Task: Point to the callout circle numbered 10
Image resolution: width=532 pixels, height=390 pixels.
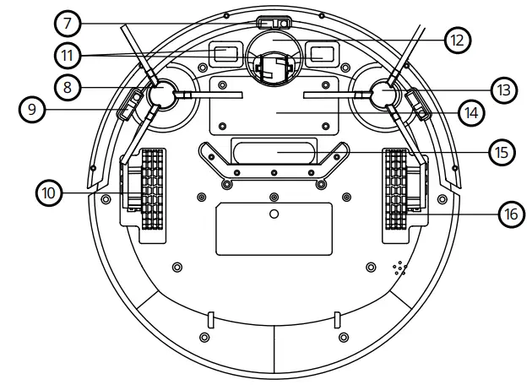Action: click(50, 193)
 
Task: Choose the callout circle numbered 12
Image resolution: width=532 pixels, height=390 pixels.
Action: click(457, 38)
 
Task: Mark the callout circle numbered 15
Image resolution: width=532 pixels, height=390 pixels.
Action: click(501, 152)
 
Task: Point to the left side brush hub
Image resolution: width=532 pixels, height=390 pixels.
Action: click(160, 95)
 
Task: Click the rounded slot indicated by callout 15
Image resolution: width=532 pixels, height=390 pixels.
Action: click(271, 153)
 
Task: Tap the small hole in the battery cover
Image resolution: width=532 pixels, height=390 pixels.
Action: click(272, 214)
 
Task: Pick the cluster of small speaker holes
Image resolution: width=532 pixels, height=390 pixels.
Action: click(399, 269)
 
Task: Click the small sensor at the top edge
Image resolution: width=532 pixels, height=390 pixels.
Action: click(270, 23)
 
